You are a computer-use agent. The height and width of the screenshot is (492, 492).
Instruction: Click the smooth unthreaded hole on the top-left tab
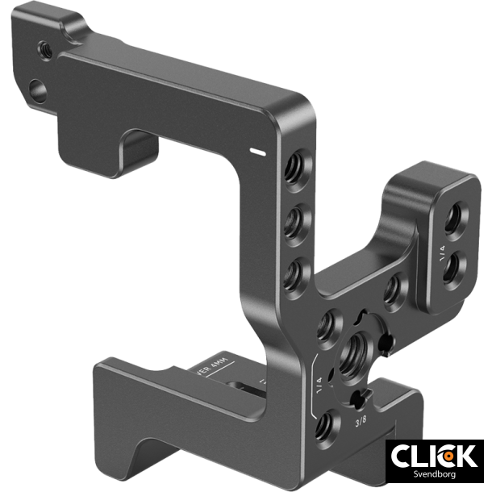(37, 87)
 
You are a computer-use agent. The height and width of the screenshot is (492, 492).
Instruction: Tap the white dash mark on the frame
(259, 150)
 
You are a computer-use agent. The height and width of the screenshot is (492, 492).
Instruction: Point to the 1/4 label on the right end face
(442, 251)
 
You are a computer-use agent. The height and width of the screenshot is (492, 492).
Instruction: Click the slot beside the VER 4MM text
(242, 389)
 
